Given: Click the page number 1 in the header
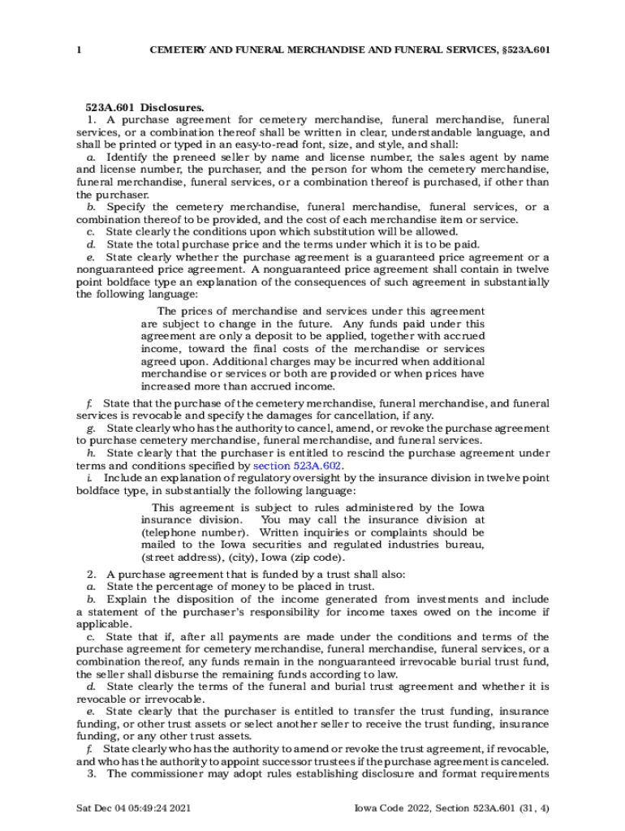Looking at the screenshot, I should pos(79,50).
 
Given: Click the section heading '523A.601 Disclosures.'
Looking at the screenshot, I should pos(145,106).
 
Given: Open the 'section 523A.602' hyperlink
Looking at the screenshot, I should pos(298,466).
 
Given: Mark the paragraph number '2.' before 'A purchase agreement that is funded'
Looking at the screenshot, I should pos(93,574).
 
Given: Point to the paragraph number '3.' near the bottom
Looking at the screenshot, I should pos(93,773).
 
